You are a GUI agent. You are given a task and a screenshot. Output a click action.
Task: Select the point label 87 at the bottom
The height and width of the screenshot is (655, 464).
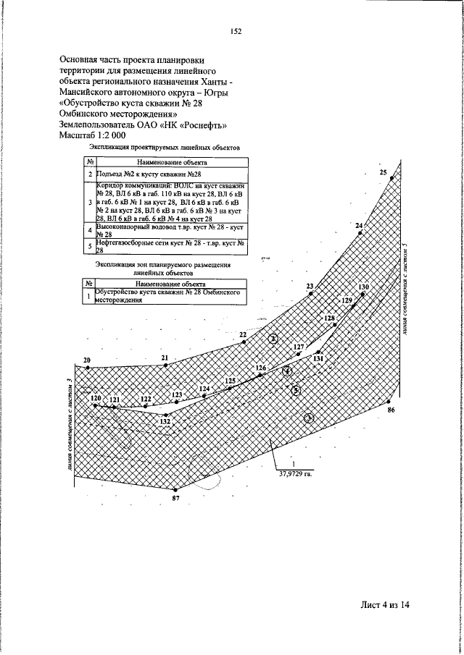(x=175, y=499)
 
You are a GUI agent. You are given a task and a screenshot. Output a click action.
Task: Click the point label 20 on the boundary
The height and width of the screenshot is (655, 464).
(x=87, y=360)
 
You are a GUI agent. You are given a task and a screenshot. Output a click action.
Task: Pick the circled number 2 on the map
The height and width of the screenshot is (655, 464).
(x=273, y=338)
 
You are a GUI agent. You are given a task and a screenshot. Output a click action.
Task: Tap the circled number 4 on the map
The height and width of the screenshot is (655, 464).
(x=287, y=372)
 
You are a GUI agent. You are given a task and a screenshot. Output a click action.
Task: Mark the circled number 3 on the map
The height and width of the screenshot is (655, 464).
(x=308, y=417)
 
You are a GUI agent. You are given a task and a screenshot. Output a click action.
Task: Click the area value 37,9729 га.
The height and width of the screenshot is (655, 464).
(x=296, y=475)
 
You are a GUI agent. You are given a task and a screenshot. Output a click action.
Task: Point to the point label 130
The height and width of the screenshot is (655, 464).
(x=364, y=287)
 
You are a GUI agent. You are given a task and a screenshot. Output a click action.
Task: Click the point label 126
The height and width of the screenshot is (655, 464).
(x=262, y=368)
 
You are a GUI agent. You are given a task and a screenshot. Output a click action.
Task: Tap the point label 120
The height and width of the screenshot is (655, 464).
(x=95, y=398)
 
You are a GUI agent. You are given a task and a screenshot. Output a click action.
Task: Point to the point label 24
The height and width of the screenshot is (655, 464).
(x=359, y=227)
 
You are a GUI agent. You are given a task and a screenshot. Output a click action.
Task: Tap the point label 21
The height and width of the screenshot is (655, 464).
(x=165, y=358)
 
